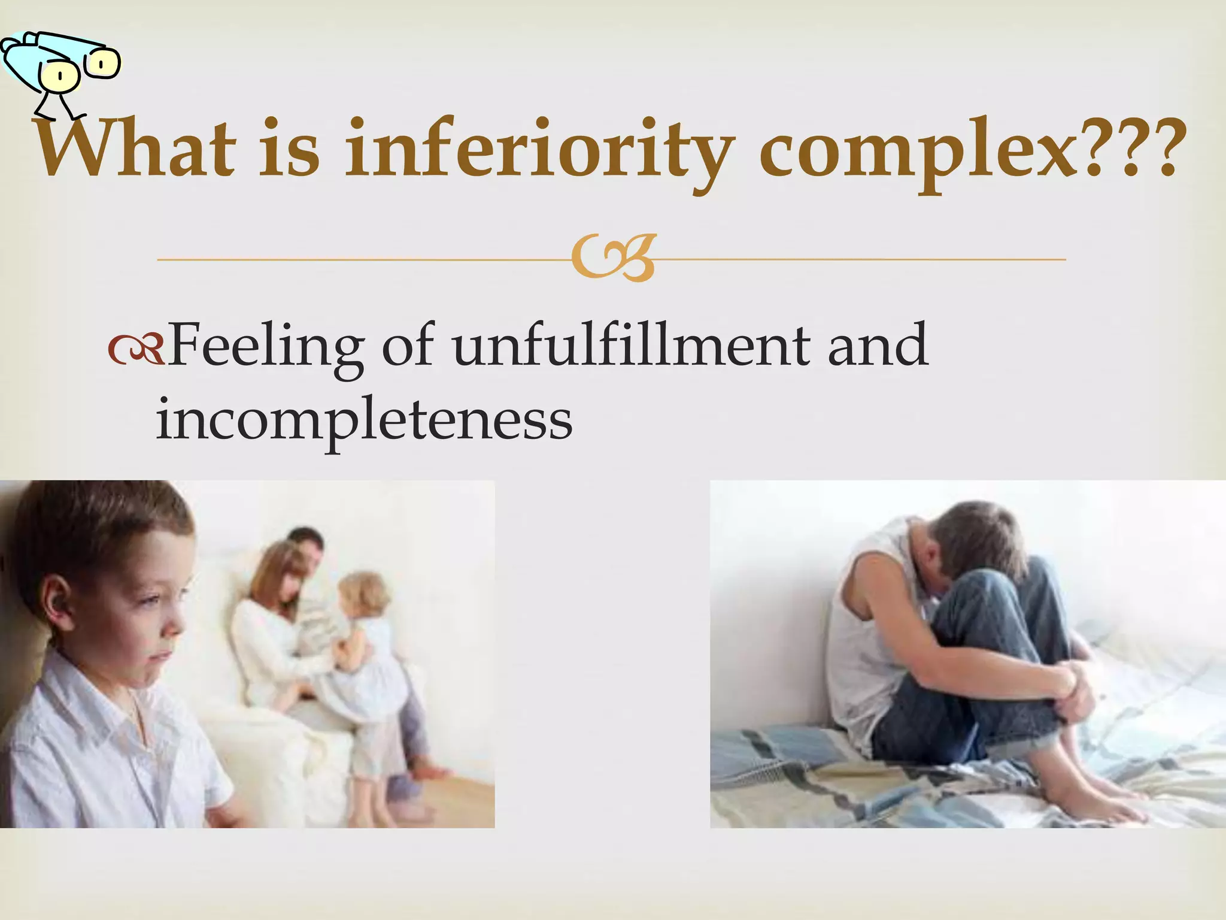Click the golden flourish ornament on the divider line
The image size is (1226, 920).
(x=613, y=259)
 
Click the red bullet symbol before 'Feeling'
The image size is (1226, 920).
(x=135, y=351)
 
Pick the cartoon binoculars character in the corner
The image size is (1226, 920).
(x=60, y=66)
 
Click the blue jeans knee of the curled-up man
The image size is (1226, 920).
(x=1012, y=593)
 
